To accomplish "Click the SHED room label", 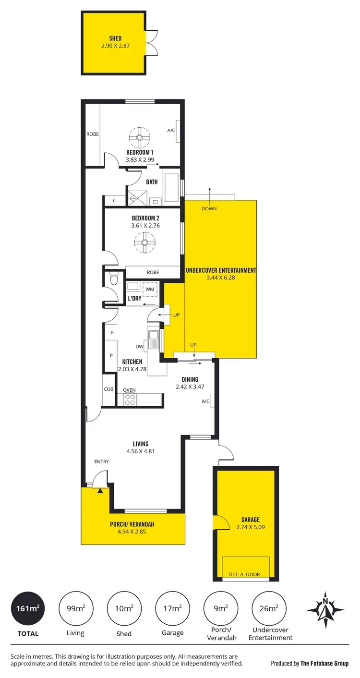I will tap(115, 38).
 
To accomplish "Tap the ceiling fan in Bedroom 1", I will tap(139, 138).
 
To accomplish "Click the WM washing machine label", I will tap(150, 290).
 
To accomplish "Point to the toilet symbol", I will tap(113, 279).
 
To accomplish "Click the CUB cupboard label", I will tap(109, 389).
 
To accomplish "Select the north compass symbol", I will tap(325, 610).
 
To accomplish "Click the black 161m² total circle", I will tap(28, 608).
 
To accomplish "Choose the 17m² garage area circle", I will tap(172, 608).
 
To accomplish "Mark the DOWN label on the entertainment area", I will tap(209, 208).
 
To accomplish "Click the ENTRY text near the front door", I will tap(101, 461).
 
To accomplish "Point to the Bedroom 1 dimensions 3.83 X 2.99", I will tap(139, 160).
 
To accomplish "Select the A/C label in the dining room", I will tap(205, 401).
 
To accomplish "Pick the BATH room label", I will tap(152, 182).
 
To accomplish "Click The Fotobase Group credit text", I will tap(324, 664).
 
